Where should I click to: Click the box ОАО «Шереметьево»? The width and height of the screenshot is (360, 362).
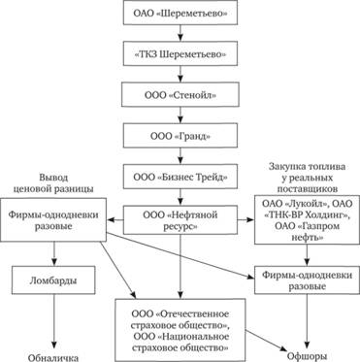[x=180, y=16]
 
